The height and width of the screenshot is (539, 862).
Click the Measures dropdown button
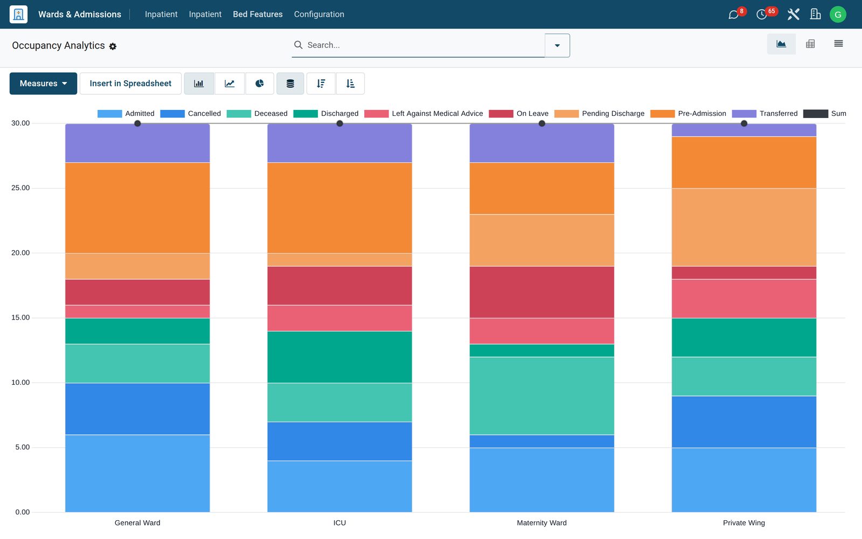point(43,84)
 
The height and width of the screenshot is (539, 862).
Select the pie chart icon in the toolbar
point(259,84)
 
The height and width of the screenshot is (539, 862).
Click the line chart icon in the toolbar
point(230,84)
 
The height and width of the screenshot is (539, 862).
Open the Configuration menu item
point(319,14)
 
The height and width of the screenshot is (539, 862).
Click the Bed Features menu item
point(258,14)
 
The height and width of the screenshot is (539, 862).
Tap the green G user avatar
point(838,14)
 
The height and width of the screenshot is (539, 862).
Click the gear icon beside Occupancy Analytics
point(113,46)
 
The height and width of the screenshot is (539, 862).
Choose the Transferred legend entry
point(764,114)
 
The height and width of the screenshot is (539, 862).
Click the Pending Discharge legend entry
point(599,114)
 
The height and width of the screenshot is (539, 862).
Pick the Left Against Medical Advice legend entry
point(423,114)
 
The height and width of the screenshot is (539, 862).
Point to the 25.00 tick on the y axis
point(20,188)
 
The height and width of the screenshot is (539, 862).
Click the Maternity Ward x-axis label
point(541,523)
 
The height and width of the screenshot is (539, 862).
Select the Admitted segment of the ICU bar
point(339,486)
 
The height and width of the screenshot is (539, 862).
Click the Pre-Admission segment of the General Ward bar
point(137,208)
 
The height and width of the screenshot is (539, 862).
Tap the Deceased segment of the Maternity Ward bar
point(542,396)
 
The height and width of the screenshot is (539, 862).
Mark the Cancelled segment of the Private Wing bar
point(744,421)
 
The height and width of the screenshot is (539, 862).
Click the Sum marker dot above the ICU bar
point(339,123)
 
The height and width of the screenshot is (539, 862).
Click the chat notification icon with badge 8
point(733,15)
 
